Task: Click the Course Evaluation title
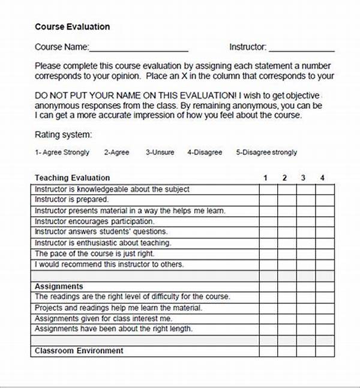(x=72, y=27)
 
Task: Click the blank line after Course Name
(x=139, y=48)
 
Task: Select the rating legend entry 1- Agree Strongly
(x=62, y=153)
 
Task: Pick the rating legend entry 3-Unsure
(x=160, y=153)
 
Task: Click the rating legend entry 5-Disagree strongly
(x=266, y=153)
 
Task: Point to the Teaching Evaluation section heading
(x=72, y=178)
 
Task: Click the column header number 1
(x=265, y=178)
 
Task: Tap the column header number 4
(x=323, y=178)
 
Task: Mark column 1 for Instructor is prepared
(x=268, y=200)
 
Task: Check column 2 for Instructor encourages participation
(x=287, y=222)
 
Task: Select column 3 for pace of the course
(x=306, y=254)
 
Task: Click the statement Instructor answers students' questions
(x=101, y=232)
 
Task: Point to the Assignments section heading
(x=59, y=286)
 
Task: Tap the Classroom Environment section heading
(x=79, y=351)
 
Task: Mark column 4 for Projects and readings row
(x=325, y=308)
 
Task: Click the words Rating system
(x=63, y=135)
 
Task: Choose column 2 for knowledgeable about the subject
(x=287, y=189)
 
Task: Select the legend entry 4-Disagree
(x=204, y=153)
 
